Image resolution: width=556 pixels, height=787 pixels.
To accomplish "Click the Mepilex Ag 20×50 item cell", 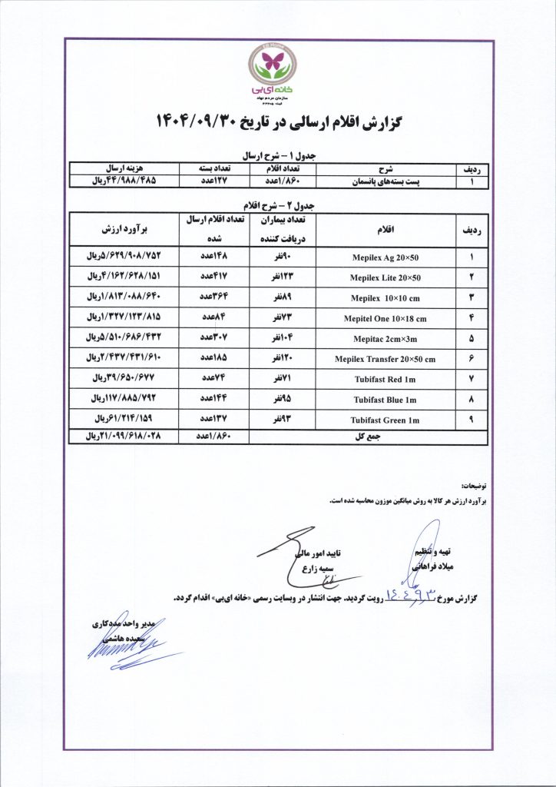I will coord(385,257).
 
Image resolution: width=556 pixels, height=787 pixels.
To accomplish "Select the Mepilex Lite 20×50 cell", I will coord(385,277).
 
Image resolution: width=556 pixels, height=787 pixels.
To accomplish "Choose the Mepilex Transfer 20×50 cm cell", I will coord(385,359).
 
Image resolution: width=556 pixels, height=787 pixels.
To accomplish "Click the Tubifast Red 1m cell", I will coord(385,379).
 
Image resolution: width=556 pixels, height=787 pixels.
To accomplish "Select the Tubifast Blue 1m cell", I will coord(385,400).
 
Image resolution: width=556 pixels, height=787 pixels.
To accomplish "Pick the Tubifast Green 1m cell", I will coord(385,420).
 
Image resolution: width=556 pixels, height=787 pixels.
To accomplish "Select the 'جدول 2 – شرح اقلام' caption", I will coord(278,206).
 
